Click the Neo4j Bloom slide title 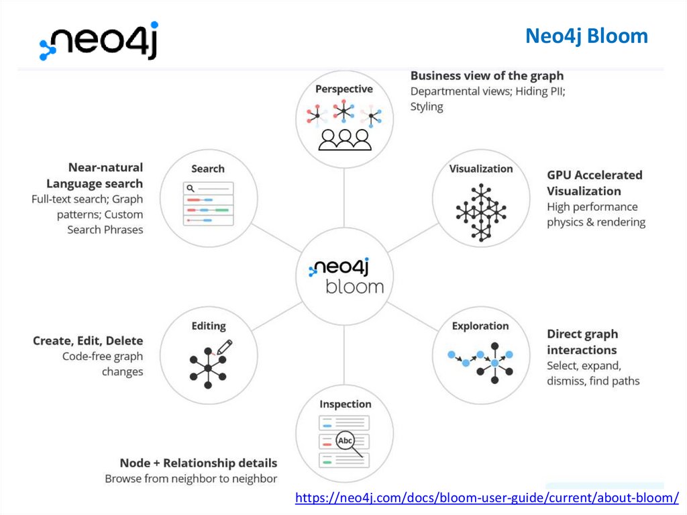pyautogui.click(x=586, y=36)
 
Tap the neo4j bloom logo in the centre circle pyautogui.click(x=345, y=276)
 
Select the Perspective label pyautogui.click(x=344, y=89)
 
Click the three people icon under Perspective pyautogui.click(x=345, y=138)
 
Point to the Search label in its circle pyautogui.click(x=208, y=169)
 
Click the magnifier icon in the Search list pyautogui.click(x=191, y=189)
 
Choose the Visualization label pyautogui.click(x=481, y=169)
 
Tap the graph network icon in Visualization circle pyautogui.click(x=480, y=212)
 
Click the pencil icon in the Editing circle pyautogui.click(x=225, y=347)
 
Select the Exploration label pyautogui.click(x=480, y=326)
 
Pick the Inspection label pyautogui.click(x=346, y=404)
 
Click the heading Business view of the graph pyautogui.click(x=487, y=76)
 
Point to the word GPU pyautogui.click(x=561, y=175)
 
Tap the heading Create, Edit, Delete pyautogui.click(x=88, y=341)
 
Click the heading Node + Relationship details pyautogui.click(x=199, y=463)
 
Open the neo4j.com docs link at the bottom pyautogui.click(x=487, y=498)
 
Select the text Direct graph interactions pyautogui.click(x=582, y=342)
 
